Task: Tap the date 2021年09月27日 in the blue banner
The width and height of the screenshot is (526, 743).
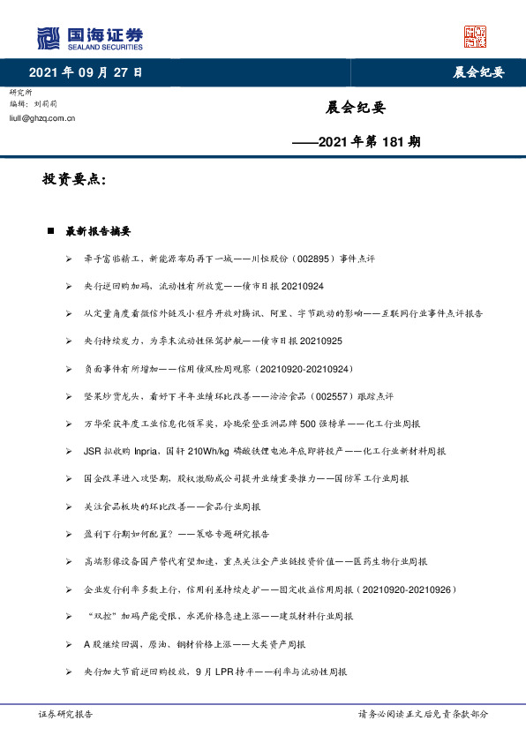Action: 86,71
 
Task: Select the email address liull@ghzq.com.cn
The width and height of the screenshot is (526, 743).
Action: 41,116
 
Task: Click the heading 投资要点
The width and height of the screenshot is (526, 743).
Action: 74,179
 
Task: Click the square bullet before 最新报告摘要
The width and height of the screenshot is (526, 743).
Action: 52,231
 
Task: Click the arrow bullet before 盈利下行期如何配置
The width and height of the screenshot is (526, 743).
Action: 69,534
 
